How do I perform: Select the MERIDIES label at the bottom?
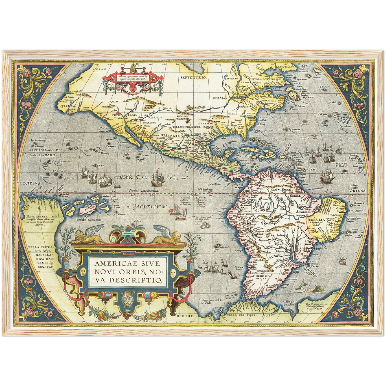pos(186,316)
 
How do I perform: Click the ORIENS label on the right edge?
pos(357,190)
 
